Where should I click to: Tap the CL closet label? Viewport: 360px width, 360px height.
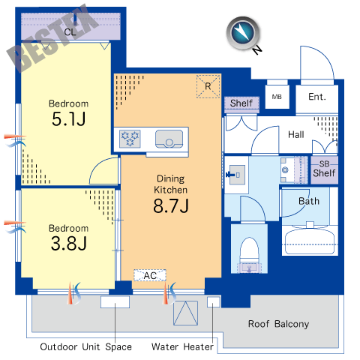click(70, 32)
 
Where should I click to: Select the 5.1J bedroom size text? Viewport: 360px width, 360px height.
click(69, 118)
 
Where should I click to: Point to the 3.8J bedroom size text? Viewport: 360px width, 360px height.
click(69, 243)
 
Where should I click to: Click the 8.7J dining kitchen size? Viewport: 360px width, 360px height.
click(171, 205)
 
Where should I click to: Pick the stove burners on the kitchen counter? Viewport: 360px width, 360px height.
click(130, 139)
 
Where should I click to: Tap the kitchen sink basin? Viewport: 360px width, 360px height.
click(169, 139)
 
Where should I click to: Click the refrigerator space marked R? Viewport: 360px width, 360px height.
click(208, 86)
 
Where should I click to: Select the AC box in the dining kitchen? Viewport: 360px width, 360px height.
click(150, 275)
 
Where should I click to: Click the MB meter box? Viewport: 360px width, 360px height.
click(277, 97)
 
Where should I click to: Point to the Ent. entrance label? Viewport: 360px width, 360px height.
click(317, 97)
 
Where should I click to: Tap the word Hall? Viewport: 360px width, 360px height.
click(296, 134)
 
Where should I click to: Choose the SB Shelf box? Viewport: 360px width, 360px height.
click(324, 170)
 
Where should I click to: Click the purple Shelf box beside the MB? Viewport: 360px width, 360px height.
click(241, 103)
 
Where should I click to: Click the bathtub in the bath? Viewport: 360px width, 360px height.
click(310, 241)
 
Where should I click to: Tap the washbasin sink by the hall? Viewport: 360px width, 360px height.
click(237, 175)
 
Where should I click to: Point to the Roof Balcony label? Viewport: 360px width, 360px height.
click(278, 324)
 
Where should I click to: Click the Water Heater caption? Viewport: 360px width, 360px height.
click(182, 346)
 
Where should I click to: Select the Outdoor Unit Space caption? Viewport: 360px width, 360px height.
click(85, 346)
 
